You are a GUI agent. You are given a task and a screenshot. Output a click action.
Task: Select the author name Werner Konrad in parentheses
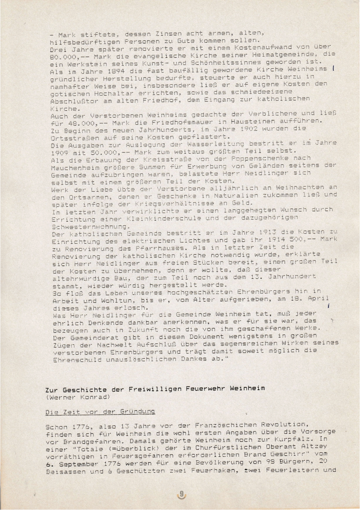pos(77,397)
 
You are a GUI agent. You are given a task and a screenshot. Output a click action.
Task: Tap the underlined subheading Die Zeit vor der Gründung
pos(100,412)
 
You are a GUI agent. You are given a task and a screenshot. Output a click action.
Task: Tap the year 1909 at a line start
pos(58,152)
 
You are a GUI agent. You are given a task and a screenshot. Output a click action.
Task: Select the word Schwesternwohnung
pos(89,226)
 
